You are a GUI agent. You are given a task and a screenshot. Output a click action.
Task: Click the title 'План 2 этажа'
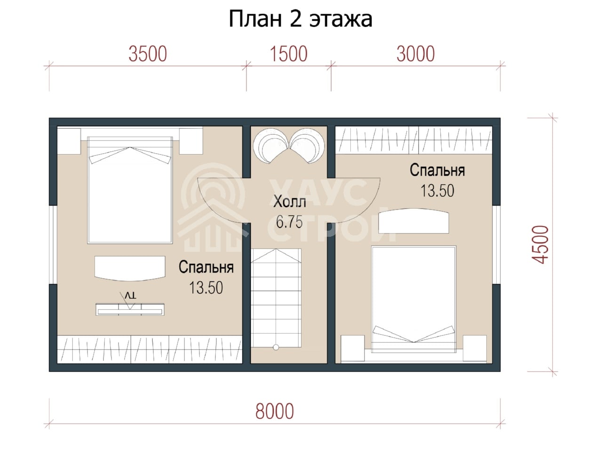point(301,19)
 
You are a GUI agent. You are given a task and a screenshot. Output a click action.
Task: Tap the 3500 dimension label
point(148,54)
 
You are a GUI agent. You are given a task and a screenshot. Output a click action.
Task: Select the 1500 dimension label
point(288,54)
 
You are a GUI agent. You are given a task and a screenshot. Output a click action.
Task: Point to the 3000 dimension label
point(415,54)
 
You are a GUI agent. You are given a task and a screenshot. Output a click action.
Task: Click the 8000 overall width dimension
point(275,411)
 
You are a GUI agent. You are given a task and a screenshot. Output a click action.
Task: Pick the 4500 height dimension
point(540,245)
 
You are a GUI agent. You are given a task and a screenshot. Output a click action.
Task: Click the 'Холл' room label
point(289,202)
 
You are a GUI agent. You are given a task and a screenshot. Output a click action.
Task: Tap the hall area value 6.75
point(289,222)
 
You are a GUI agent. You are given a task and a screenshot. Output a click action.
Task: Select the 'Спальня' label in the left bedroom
point(206,267)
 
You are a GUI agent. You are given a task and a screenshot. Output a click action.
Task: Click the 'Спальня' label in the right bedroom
point(437,170)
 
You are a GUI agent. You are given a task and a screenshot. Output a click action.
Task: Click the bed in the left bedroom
point(130,190)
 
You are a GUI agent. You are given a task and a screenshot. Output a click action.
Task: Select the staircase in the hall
point(276,298)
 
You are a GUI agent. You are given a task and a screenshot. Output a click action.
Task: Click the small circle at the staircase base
point(276,347)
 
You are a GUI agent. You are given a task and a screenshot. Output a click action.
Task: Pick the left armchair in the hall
point(270,146)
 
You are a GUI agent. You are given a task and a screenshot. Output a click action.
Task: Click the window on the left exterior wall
point(53,245)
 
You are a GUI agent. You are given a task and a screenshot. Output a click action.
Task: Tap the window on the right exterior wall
point(496,245)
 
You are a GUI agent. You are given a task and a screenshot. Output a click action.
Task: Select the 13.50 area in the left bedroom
point(206,288)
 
